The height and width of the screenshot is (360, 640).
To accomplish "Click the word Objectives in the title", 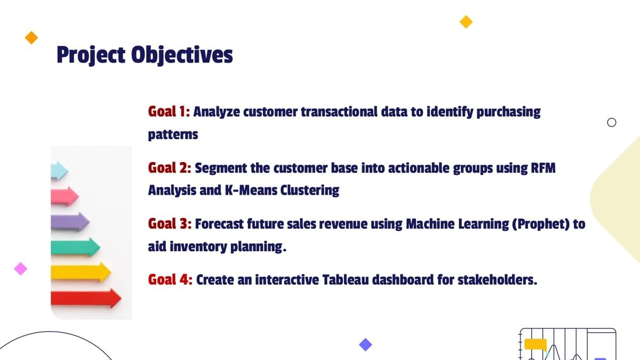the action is pos(182,55).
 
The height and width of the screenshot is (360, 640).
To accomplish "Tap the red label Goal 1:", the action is pos(169,111).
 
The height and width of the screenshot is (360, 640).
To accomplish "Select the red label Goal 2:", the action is pos(170,167).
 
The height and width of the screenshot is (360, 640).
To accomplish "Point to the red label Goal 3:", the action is pos(170,223).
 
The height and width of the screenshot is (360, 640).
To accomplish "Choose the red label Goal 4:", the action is pos(170,279).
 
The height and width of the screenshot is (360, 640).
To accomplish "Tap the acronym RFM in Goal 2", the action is pos(543,167).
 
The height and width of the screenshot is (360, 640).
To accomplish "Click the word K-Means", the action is pos(251,190).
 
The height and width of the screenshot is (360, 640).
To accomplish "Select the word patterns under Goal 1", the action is pos(173,134).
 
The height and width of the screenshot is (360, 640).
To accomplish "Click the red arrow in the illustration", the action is pos(86,298).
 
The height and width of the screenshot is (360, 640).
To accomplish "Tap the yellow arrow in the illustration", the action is pos(81,273).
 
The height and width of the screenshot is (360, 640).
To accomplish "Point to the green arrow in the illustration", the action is pos(75,247).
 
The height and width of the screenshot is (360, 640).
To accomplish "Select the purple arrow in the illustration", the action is pos(70,222).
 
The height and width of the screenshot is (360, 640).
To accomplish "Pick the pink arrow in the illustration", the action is pos(65,196).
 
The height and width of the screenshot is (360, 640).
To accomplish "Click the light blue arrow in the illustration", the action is pos(59,171).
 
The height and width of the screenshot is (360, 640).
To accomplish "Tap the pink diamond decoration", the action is pos(21,269).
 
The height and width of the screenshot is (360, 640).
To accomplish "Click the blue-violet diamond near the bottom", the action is pos(365,345).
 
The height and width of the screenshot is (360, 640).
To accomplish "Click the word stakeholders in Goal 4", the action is pos(498,279).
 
